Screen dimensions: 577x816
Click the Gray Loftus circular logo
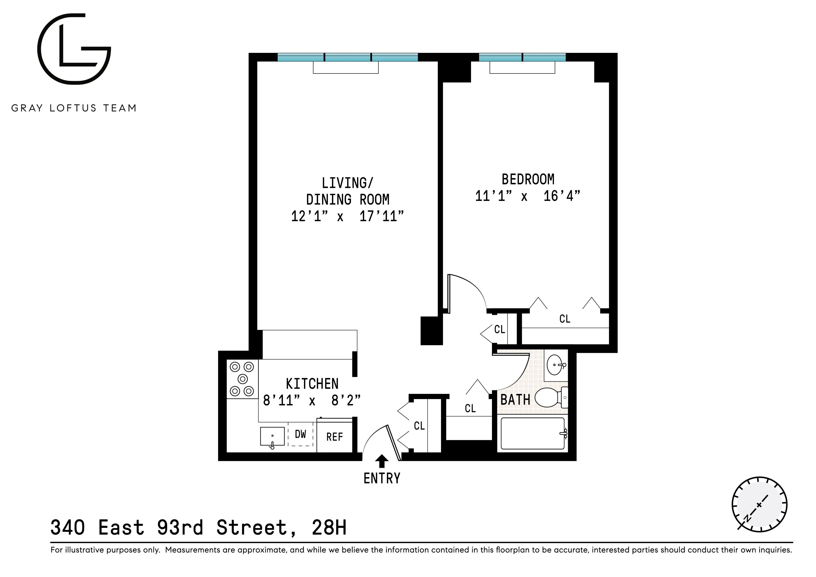(x=74, y=49)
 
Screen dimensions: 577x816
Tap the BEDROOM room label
(x=528, y=180)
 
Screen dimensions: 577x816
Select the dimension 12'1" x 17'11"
(x=347, y=216)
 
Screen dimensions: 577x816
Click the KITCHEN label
(x=312, y=384)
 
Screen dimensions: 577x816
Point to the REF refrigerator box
(x=334, y=437)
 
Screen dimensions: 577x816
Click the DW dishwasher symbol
(x=300, y=434)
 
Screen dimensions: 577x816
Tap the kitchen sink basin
(x=272, y=436)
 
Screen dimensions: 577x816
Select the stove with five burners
(x=242, y=379)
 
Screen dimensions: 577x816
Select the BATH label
(x=515, y=400)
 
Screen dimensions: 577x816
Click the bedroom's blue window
(x=522, y=57)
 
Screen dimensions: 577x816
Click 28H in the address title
(x=329, y=528)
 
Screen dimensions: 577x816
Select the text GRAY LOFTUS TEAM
(x=74, y=108)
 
